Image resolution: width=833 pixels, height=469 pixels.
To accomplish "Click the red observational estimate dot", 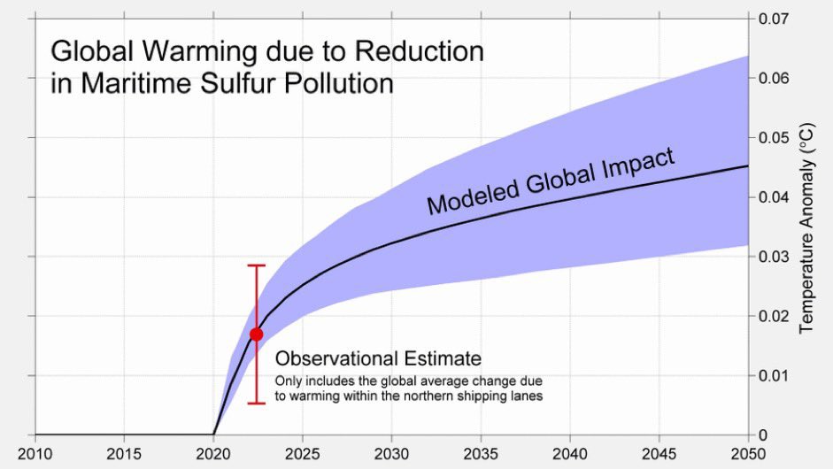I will pyautogui.click(x=256, y=334).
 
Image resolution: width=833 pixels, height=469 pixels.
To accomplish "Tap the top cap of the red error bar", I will pyautogui.click(x=256, y=265).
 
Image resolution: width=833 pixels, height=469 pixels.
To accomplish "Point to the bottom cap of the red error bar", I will pyautogui.click(x=256, y=404).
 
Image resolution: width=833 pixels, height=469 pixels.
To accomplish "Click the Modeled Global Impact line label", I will pyautogui.click(x=551, y=182).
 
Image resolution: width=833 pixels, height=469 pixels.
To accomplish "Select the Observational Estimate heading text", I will pyautogui.click(x=378, y=359).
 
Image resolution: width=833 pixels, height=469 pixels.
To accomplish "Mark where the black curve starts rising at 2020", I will pyautogui.click(x=214, y=434).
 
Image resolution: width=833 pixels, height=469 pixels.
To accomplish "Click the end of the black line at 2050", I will pyautogui.click(x=748, y=166).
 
